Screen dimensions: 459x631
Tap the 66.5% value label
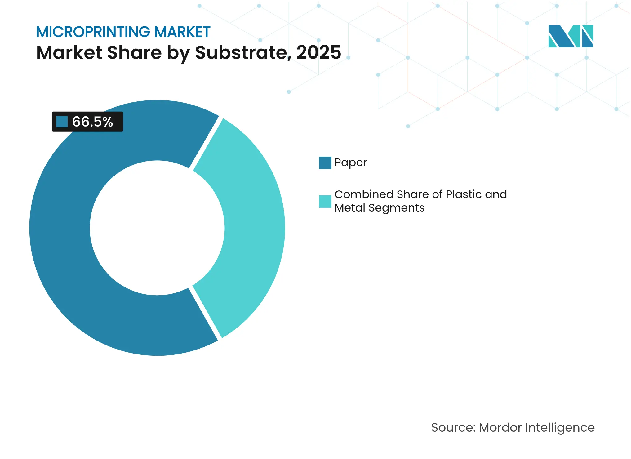(x=92, y=122)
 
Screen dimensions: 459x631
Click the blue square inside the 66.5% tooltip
(x=62, y=122)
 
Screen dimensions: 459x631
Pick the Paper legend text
(x=350, y=163)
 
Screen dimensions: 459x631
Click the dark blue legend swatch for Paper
(x=325, y=163)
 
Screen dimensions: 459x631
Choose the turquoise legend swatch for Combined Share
(x=325, y=201)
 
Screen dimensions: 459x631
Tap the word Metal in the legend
(x=350, y=208)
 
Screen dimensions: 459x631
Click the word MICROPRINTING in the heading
(x=93, y=32)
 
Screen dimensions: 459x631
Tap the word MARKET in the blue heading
(x=182, y=32)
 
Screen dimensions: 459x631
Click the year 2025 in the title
(x=318, y=52)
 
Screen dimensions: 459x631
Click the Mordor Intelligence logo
(x=571, y=36)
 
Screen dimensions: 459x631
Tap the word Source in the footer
(x=453, y=427)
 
